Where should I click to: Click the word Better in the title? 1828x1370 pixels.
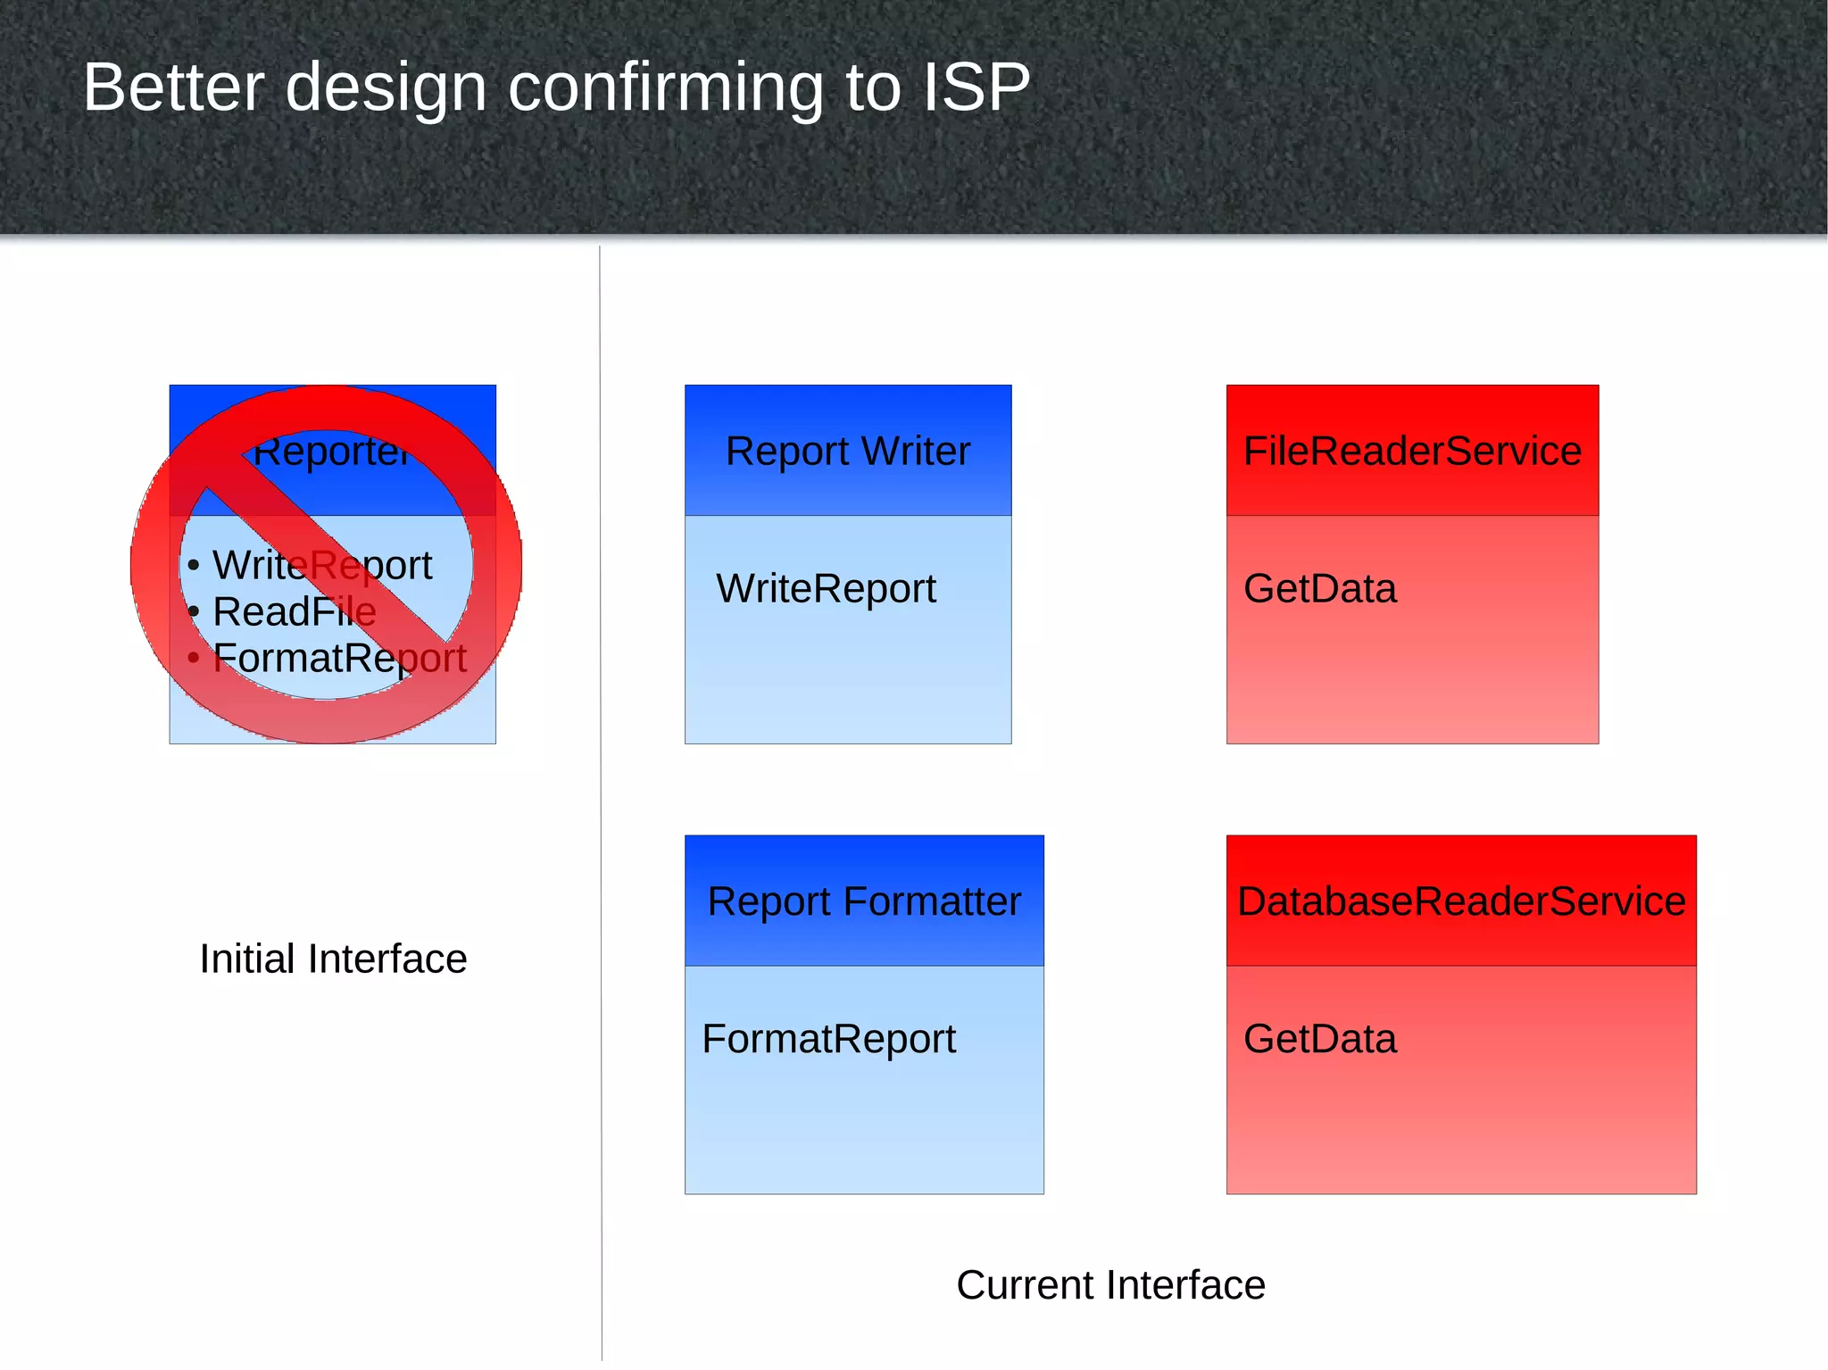point(173,87)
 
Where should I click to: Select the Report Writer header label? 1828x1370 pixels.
point(847,451)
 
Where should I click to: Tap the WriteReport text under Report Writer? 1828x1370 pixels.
point(826,589)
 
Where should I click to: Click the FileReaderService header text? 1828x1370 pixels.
point(1412,451)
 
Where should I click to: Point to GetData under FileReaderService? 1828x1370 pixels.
point(1319,589)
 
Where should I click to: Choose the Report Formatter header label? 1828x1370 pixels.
point(863,901)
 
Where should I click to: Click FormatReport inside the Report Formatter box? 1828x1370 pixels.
point(828,1039)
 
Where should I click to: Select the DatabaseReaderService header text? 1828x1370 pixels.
point(1461,901)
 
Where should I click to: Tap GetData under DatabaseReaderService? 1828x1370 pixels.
point(1319,1039)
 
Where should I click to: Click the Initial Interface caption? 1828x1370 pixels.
point(333,959)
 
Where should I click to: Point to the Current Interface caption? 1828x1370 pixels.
point(1110,1285)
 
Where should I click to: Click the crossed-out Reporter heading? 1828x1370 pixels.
point(332,452)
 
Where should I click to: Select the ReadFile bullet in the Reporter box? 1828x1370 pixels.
point(294,612)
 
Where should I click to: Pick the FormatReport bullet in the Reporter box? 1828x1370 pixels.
point(339,659)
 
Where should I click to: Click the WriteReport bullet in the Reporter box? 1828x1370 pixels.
point(321,566)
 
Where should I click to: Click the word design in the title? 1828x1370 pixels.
point(386,87)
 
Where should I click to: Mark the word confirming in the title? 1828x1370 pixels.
point(665,87)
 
